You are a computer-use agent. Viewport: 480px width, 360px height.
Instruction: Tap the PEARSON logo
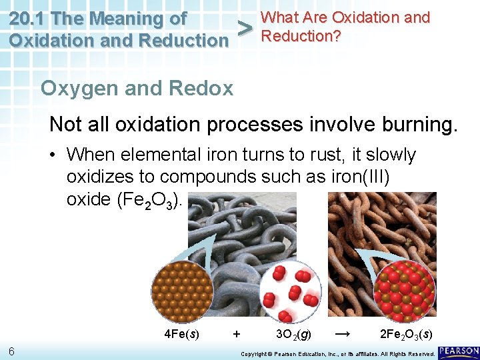click(459, 351)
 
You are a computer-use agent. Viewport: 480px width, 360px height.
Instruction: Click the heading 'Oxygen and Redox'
click(137, 88)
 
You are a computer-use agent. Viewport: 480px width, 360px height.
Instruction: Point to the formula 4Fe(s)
click(181, 333)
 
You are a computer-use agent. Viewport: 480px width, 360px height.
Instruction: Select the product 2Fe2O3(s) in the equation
click(405, 333)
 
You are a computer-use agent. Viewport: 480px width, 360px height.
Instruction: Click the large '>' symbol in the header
click(245, 29)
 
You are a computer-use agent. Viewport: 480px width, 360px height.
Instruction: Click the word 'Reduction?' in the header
click(301, 36)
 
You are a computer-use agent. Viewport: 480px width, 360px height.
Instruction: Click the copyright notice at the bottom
click(337, 353)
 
